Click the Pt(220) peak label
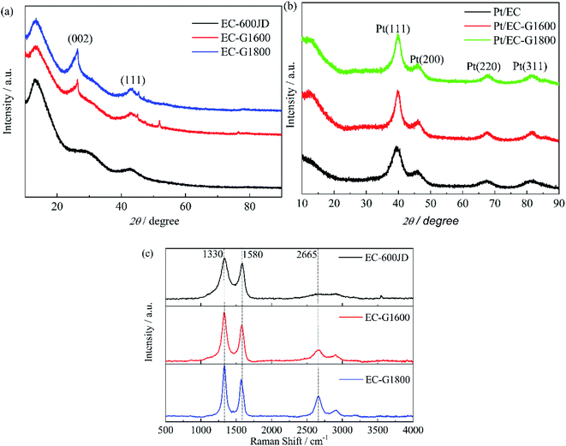tap(484, 66)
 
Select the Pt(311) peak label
tap(530, 66)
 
